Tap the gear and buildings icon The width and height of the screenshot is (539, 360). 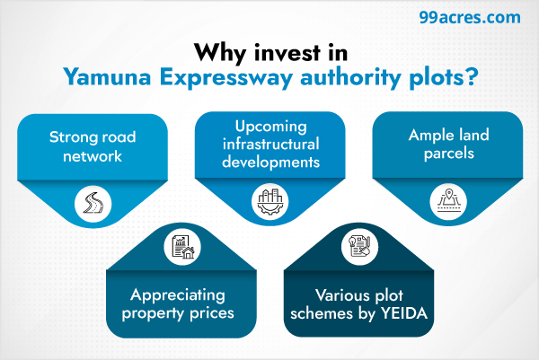[x=269, y=199]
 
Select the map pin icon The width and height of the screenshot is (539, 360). [x=447, y=199]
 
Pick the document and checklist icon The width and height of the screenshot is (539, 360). [x=358, y=245]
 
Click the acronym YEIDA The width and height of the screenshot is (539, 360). [x=404, y=315]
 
